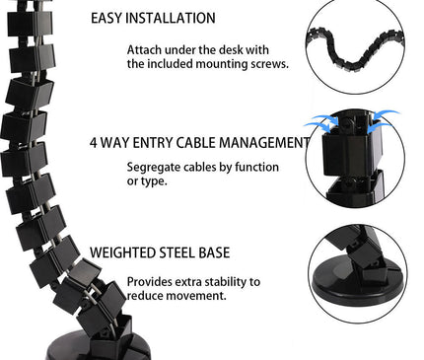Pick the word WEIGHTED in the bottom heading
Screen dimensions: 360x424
(130, 252)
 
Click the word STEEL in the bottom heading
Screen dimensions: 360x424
(193, 252)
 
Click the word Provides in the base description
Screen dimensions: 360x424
(150, 281)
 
